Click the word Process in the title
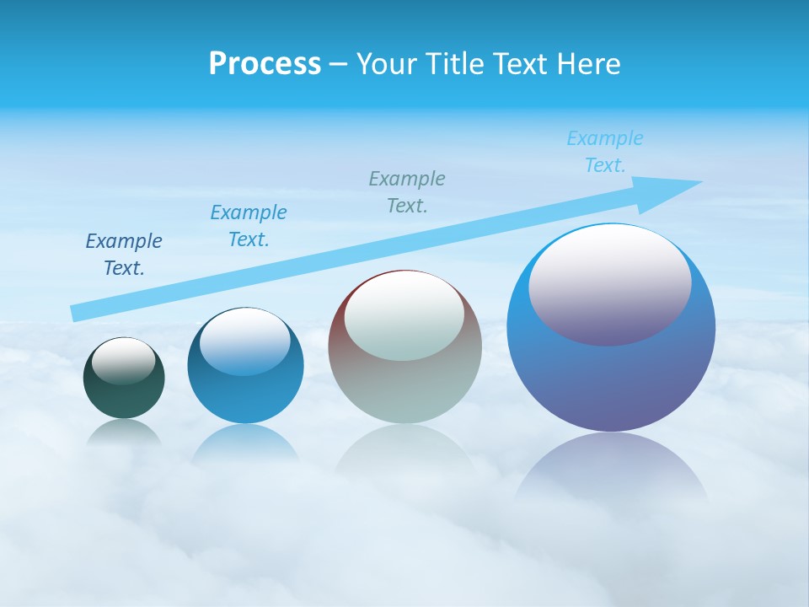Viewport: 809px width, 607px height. point(265,64)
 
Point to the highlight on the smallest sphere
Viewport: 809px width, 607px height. point(124,361)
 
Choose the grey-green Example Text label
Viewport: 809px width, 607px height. point(407,192)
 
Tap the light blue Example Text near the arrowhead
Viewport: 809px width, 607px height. point(605,152)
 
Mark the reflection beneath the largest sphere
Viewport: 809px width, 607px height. point(612,468)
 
